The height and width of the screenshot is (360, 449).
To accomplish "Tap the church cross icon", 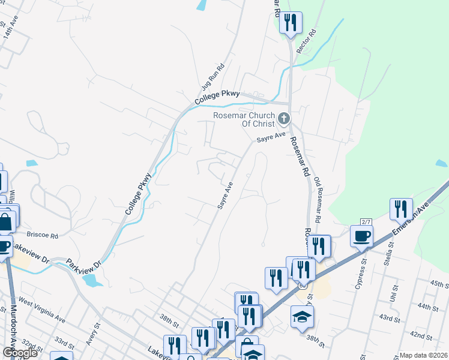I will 284,118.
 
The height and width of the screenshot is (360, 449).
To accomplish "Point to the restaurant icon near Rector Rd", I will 291,23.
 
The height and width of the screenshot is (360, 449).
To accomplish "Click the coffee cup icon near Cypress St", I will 361,236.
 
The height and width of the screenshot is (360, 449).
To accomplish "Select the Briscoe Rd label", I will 42,235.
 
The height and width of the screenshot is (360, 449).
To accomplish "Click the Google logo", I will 20,353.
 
